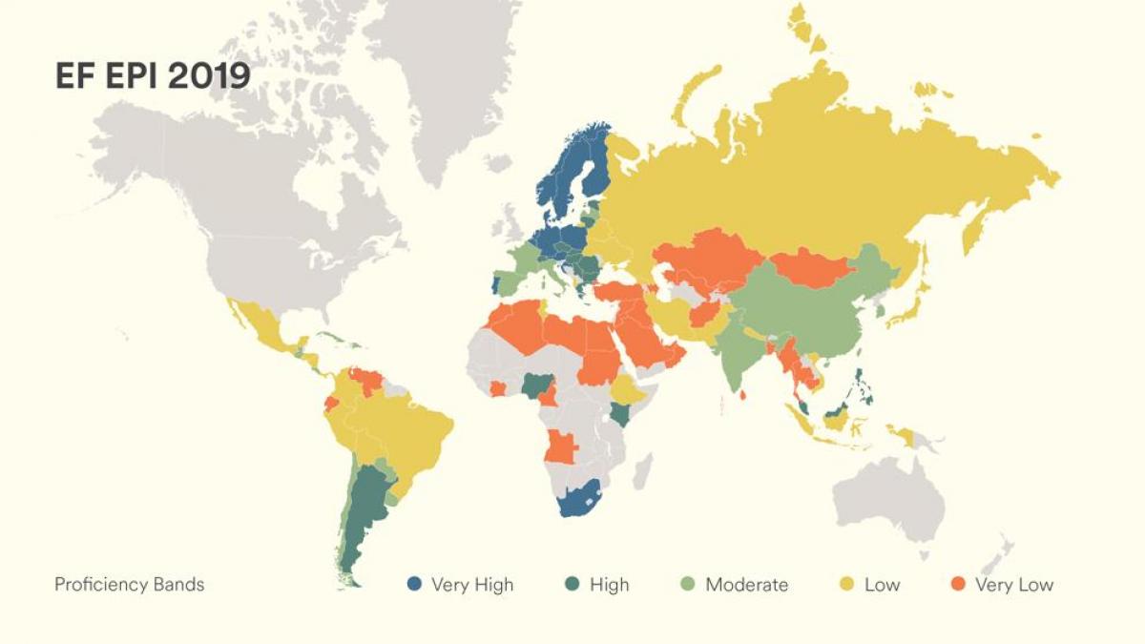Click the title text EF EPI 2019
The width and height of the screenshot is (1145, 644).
coord(153,75)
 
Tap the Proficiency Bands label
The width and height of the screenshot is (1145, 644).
coord(129,584)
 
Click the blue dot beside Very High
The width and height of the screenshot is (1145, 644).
coord(414,584)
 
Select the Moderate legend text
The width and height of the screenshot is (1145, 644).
coord(746,584)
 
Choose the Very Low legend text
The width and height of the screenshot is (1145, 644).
coord(1013,584)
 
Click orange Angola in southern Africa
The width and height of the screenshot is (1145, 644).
coord(562,446)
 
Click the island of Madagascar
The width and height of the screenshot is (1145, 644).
coord(644,471)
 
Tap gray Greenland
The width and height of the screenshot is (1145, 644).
coord(439,67)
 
